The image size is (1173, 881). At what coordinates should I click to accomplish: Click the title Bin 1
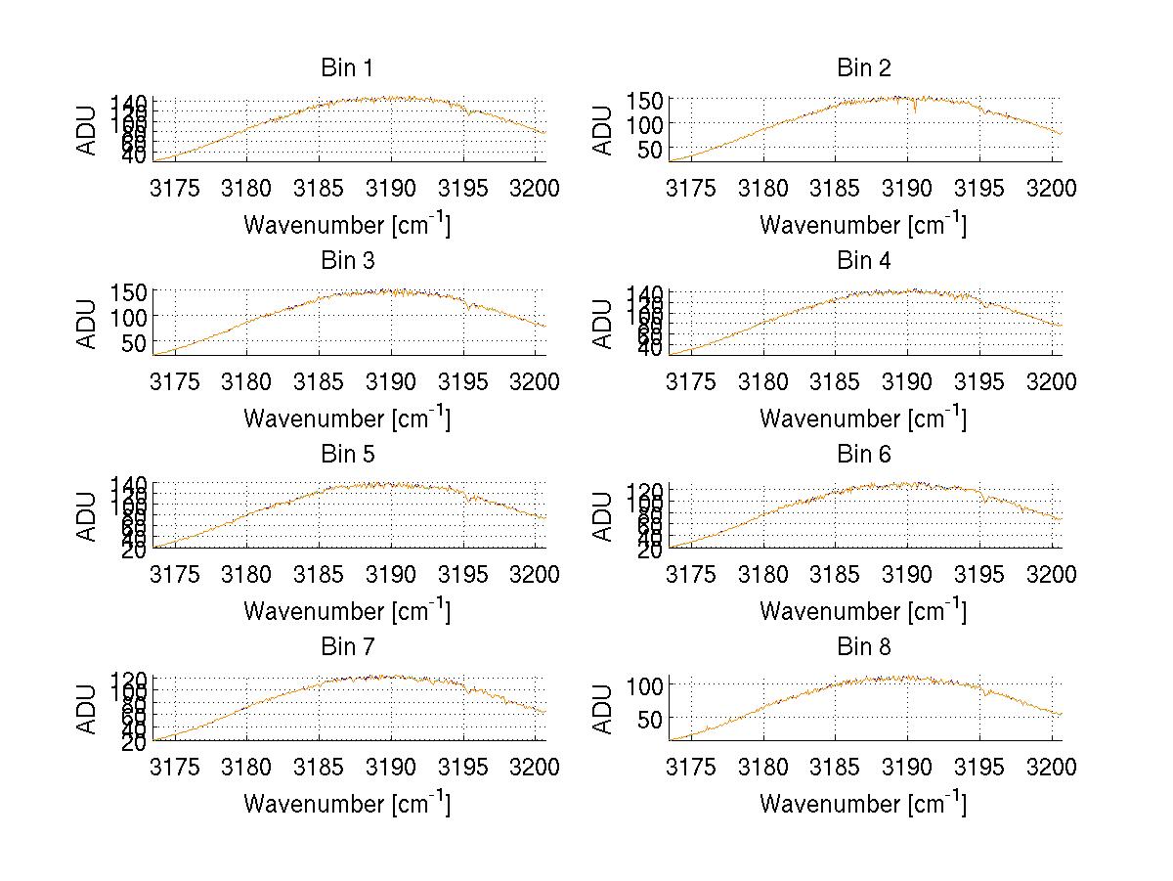pos(346,68)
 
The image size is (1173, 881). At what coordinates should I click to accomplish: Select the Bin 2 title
pos(863,68)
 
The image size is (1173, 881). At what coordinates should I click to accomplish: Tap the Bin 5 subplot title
pos(346,455)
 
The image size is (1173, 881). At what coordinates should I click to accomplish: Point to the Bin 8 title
pos(863,647)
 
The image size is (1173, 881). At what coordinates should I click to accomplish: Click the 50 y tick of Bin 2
pos(653,149)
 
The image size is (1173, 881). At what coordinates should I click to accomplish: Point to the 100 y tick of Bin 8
pos(646,684)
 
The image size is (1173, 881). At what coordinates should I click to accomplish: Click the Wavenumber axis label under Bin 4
pos(863,418)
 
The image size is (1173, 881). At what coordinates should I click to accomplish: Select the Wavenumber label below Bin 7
pos(346,804)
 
